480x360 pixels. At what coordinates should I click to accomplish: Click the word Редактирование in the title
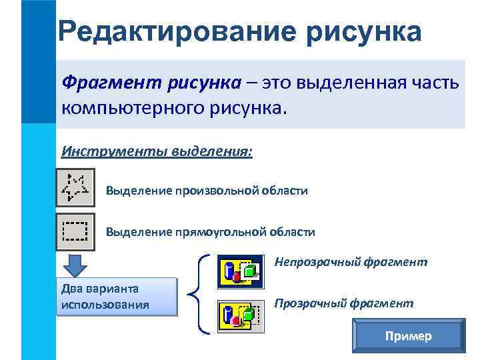(x=177, y=31)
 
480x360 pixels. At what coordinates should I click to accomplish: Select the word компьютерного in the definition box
(x=126, y=107)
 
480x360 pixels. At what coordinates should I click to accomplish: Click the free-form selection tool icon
(x=75, y=188)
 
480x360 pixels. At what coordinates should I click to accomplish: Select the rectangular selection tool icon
(x=75, y=231)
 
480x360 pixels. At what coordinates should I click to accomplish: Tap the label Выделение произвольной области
(x=207, y=191)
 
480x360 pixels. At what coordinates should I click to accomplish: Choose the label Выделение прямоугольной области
(x=211, y=232)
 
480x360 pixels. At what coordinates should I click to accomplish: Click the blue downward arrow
(x=75, y=265)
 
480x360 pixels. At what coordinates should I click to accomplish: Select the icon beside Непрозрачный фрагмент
(x=241, y=271)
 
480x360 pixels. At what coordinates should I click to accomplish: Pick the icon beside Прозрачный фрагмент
(x=241, y=315)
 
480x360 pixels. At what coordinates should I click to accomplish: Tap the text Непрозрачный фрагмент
(x=351, y=262)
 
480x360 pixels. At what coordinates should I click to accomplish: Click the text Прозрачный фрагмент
(x=344, y=303)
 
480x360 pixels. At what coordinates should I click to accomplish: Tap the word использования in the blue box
(x=104, y=305)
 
